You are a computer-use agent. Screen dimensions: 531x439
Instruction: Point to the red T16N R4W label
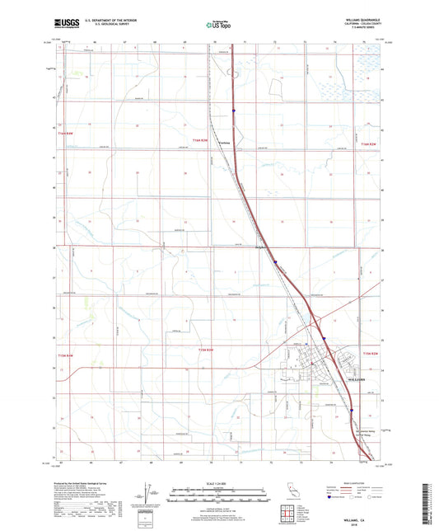pyautogui.click(x=66, y=133)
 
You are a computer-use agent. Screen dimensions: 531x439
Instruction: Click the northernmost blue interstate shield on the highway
pyautogui.click(x=233, y=107)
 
